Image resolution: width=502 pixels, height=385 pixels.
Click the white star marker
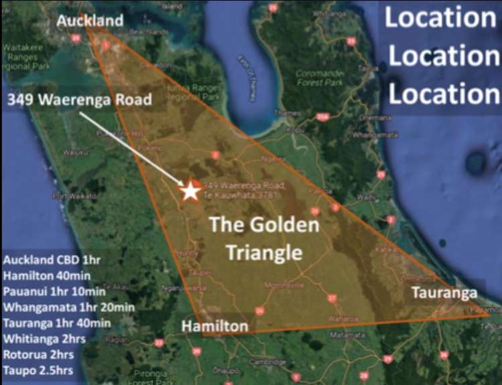190,190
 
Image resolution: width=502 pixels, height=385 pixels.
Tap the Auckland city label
90,21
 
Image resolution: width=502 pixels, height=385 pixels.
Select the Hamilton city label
214,326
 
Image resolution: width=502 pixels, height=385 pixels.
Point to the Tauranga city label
444,293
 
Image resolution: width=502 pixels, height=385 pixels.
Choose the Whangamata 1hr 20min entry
69,307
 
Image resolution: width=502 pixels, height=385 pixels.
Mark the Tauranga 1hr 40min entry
60,323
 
